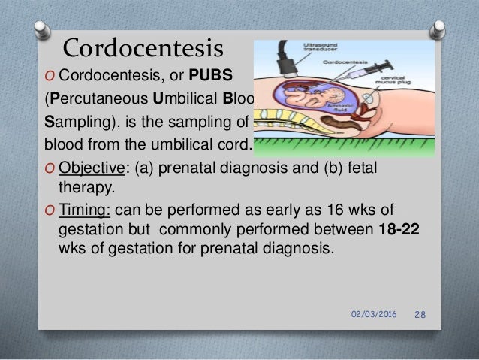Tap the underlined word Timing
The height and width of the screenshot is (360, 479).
pyautogui.click(x=83, y=208)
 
